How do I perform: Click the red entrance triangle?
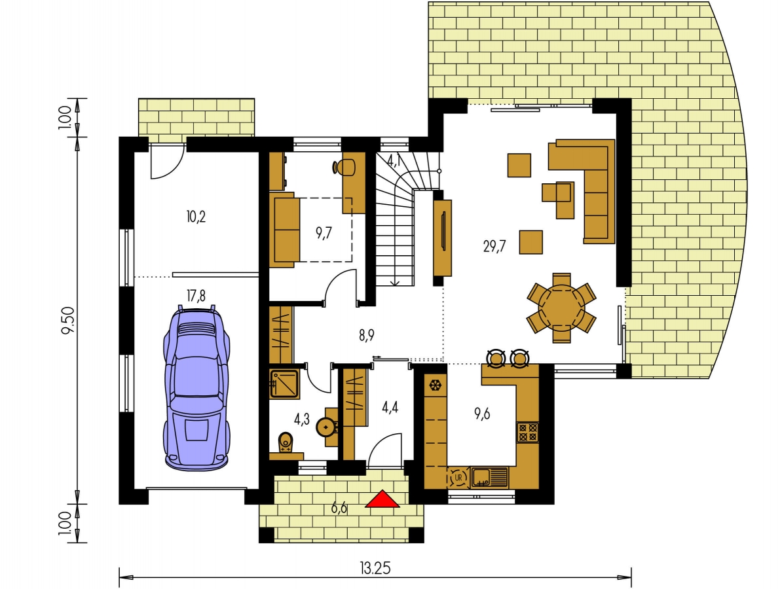coord(382,500)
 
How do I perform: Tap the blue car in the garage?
coord(196,387)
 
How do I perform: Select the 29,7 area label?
coord(494,246)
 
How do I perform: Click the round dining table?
coord(562,307)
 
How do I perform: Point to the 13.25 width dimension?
coord(375,568)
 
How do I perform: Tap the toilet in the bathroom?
coord(286,442)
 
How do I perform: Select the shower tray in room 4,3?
coord(284,384)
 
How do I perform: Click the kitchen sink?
coord(489,477)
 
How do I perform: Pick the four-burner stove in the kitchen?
coord(527,432)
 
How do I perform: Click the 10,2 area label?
coord(196,217)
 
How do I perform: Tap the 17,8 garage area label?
coord(196,296)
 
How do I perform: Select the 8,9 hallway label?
coord(367,336)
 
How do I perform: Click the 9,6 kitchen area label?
coord(482,414)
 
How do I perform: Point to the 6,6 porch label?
coord(339,509)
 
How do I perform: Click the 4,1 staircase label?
coord(394,160)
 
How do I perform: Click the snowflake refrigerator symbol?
coord(436,385)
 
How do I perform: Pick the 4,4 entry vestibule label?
coord(390,408)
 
